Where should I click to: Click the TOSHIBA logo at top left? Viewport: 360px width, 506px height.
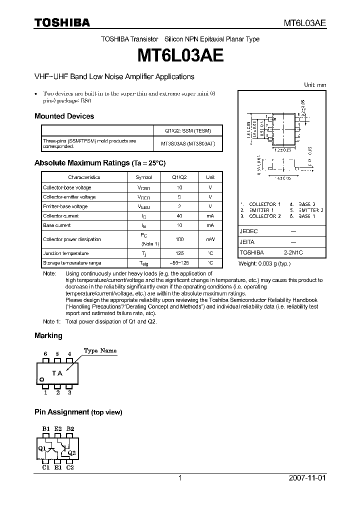point(62,22)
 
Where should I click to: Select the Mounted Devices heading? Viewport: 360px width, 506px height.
point(64,116)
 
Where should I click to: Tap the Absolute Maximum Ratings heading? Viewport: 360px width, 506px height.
point(99,163)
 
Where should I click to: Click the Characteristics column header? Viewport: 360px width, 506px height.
point(84,177)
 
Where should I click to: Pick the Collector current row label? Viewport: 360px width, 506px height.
point(61,216)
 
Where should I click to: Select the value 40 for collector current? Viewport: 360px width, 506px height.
point(179,216)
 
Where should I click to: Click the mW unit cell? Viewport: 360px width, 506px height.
point(210,239)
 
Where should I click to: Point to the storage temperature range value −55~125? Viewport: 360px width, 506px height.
point(179,263)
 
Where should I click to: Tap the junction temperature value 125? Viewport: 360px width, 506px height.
point(179,253)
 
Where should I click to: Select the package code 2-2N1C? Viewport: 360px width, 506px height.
point(293,253)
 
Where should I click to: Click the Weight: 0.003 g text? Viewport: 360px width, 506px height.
point(264,263)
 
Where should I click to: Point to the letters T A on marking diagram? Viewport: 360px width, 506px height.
point(57,373)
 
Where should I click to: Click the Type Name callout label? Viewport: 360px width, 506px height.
point(100,350)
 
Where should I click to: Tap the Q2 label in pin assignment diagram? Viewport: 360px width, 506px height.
point(71,452)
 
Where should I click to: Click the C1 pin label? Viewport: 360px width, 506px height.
point(46,467)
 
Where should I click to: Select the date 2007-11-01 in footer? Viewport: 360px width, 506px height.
point(307,478)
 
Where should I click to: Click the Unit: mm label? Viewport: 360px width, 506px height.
point(315,85)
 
